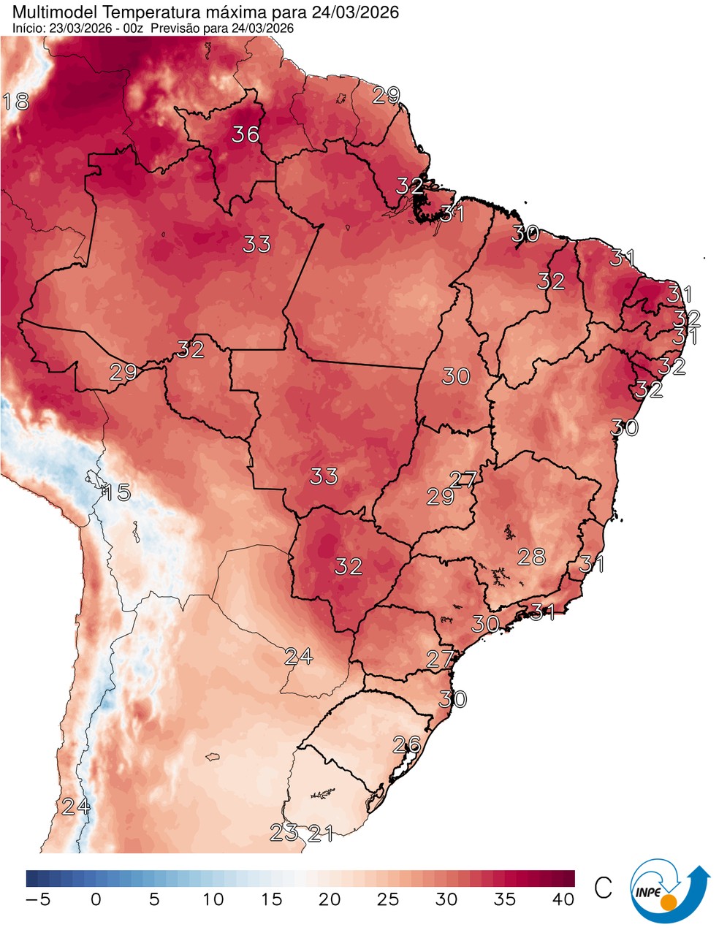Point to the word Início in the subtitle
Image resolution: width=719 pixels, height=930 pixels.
[28, 28]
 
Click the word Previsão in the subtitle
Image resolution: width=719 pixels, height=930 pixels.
[180, 28]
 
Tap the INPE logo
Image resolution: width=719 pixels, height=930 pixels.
[668, 892]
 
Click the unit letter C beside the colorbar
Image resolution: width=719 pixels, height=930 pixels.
[603, 888]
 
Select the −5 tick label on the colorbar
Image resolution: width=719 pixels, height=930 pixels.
[38, 899]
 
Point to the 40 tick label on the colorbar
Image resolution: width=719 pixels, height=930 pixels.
[563, 899]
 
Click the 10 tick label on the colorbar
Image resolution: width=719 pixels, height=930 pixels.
[213, 899]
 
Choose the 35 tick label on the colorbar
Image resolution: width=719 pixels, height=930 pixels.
[505, 899]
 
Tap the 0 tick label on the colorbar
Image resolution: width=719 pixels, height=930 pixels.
[96, 899]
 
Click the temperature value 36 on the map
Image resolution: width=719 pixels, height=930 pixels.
[246, 134]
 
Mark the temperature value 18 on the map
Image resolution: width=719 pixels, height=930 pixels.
[16, 101]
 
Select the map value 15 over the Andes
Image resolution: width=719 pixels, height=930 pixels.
[116, 492]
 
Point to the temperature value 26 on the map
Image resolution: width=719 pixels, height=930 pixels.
[407, 744]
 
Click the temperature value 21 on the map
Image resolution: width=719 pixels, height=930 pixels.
[320, 833]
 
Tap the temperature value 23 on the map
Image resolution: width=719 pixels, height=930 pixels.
[284, 832]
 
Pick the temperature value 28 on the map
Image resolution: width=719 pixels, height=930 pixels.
[531, 557]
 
